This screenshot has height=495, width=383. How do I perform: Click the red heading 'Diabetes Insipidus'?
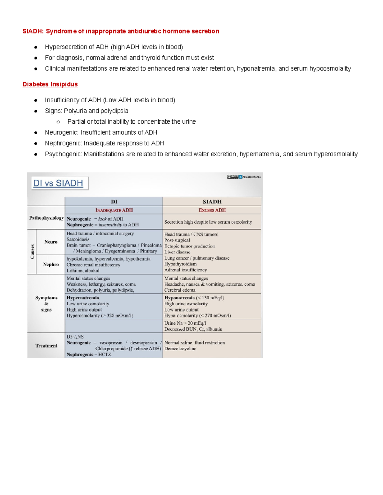pyautogui.click(x=50, y=84)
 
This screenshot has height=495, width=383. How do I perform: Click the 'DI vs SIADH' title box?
pyautogui.click(x=58, y=183)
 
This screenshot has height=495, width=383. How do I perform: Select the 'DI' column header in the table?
pyautogui.click(x=114, y=202)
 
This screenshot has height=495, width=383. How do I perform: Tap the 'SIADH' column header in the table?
pyautogui.click(x=212, y=202)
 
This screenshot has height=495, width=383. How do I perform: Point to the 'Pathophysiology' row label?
pyautogui.click(x=46, y=218)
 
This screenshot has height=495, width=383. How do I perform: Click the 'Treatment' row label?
pyautogui.click(x=46, y=346)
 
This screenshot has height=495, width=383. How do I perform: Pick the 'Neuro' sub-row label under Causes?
pyautogui.click(x=51, y=242)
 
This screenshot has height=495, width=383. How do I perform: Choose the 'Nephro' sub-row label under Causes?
pyautogui.click(x=51, y=265)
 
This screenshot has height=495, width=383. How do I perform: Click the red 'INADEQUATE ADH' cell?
pyautogui.click(x=114, y=210)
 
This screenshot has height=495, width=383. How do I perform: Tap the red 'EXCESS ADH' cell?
pyautogui.click(x=212, y=210)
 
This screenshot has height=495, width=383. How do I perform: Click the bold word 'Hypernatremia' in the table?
pyautogui.click(x=83, y=298)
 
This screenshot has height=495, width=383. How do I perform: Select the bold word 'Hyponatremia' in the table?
pyautogui.click(x=179, y=298)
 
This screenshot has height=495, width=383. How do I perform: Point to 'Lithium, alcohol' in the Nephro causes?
pyautogui.click(x=83, y=271)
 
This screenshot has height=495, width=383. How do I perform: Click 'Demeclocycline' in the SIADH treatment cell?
pyautogui.click(x=180, y=349)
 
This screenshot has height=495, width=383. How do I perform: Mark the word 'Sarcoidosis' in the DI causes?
pyautogui.click(x=78, y=239)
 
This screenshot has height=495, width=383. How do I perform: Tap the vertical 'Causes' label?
pyautogui.click(x=32, y=251)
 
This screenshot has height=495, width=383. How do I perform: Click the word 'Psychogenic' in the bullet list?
pyautogui.click(x=64, y=154)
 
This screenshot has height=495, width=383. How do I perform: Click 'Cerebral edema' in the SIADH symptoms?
pyautogui.click(x=180, y=290)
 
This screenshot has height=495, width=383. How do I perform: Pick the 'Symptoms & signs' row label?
pyautogui.click(x=46, y=304)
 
